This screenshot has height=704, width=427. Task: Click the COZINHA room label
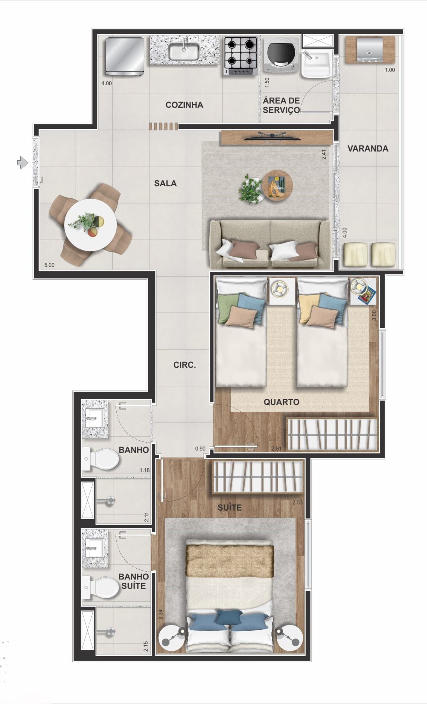click(x=184, y=105)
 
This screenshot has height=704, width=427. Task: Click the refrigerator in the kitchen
click(x=124, y=56)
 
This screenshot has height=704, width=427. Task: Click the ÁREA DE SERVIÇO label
click(x=281, y=105)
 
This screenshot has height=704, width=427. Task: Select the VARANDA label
click(x=367, y=149)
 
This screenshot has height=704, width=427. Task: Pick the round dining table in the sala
click(x=90, y=226)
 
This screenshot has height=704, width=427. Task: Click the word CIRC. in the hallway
click(x=184, y=365)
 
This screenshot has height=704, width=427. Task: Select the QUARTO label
click(x=281, y=402)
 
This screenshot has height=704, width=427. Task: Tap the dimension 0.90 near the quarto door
click(x=200, y=449)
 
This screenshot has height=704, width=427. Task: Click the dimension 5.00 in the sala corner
click(x=49, y=265)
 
